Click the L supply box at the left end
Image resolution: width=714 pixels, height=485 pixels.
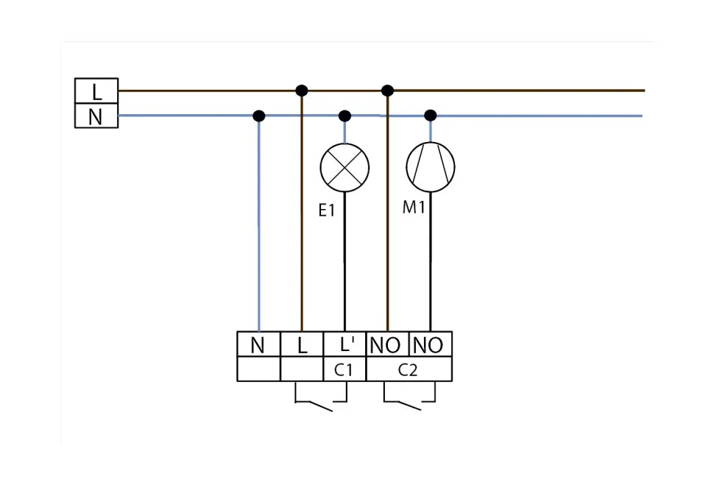point(96,91)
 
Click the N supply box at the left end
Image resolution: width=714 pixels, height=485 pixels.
point(96,116)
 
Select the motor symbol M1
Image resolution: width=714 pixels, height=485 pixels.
point(431,167)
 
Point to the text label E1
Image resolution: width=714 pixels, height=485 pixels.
point(327,210)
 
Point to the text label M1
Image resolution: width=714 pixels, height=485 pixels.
point(414,208)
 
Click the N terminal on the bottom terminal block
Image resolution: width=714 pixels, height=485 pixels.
point(258,344)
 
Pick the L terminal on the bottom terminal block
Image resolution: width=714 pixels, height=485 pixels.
point(302,344)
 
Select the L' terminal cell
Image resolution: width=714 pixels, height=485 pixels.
point(344,344)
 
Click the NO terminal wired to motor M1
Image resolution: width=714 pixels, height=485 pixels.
point(431,344)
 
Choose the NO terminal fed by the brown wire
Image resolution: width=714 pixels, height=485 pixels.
point(387,344)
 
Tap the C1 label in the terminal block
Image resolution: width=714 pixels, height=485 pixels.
point(344,370)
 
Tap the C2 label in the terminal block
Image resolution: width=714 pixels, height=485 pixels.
point(409,370)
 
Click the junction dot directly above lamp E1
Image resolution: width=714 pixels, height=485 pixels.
point(344,116)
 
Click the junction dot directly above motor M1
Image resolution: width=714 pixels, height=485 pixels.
point(431,116)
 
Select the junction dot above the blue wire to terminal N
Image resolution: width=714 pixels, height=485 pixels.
point(258,116)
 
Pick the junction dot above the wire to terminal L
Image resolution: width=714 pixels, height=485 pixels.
point(301,91)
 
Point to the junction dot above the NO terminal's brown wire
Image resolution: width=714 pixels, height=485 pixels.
point(388,91)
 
